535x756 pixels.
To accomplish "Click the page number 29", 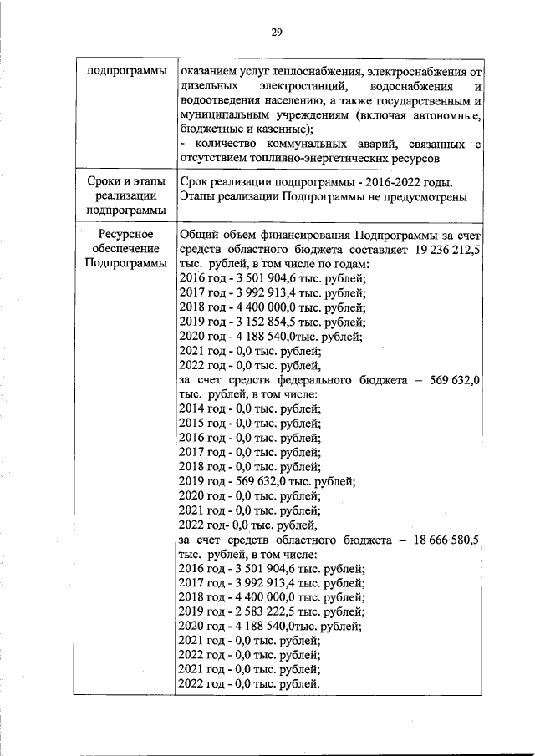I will coord(277,33).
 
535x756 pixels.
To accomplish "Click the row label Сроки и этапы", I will coord(125,182).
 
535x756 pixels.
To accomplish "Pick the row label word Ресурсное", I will coord(125,236).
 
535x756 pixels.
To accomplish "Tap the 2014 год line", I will coord(250,408).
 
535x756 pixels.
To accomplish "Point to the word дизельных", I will coord(209,87).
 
